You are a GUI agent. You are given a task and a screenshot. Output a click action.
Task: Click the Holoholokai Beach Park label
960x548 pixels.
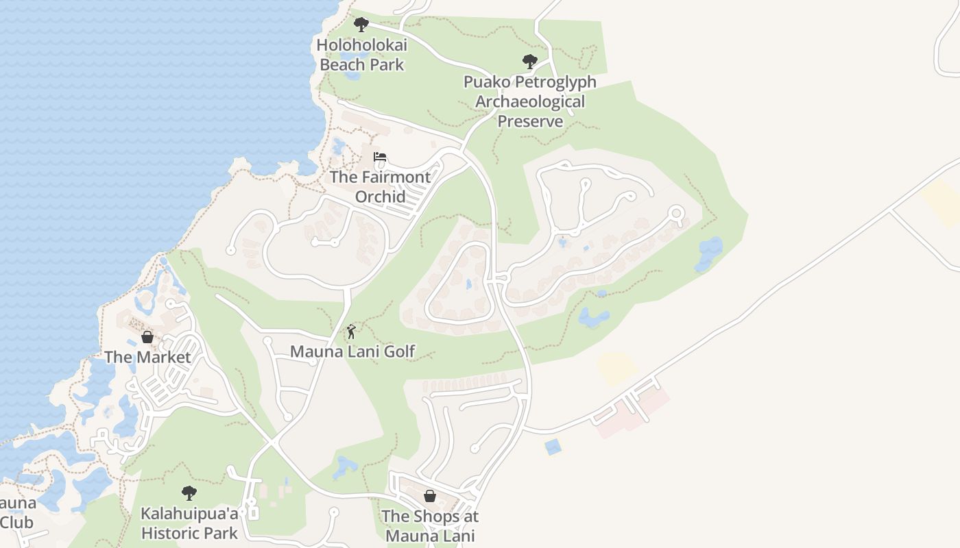point(362,55)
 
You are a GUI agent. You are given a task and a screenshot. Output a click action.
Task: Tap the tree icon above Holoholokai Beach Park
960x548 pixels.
point(361,25)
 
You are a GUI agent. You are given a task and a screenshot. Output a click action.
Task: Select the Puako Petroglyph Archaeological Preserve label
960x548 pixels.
point(530,101)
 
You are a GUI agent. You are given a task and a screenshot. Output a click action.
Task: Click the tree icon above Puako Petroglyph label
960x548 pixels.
point(529,62)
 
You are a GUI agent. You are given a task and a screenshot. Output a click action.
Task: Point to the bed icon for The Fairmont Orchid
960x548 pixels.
point(380,157)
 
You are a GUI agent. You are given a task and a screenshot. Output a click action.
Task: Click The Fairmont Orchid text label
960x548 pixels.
point(380,186)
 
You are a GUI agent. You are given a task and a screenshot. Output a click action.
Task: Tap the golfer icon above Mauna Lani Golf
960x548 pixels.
point(351,332)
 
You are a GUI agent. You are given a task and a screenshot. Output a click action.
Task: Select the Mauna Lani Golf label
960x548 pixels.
point(352,351)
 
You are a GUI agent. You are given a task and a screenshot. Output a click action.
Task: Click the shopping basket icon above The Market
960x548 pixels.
point(147,337)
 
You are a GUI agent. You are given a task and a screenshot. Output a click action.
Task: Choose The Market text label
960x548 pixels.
point(147,357)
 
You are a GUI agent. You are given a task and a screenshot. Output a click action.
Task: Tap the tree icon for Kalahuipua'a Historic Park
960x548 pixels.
point(189,493)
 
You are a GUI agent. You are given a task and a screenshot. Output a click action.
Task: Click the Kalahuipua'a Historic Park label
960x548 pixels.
point(189,523)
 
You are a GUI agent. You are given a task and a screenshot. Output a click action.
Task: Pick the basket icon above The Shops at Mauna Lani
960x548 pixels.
point(430,496)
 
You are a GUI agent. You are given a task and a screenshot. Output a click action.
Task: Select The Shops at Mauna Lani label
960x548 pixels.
point(430,525)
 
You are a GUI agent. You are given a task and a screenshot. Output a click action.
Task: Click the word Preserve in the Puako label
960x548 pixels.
point(530,121)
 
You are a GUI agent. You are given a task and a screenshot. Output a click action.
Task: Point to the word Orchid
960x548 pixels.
point(380,197)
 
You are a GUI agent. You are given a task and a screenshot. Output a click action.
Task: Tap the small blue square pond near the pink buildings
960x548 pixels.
point(552,447)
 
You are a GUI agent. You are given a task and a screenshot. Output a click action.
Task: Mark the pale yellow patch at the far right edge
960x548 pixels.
point(941,203)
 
